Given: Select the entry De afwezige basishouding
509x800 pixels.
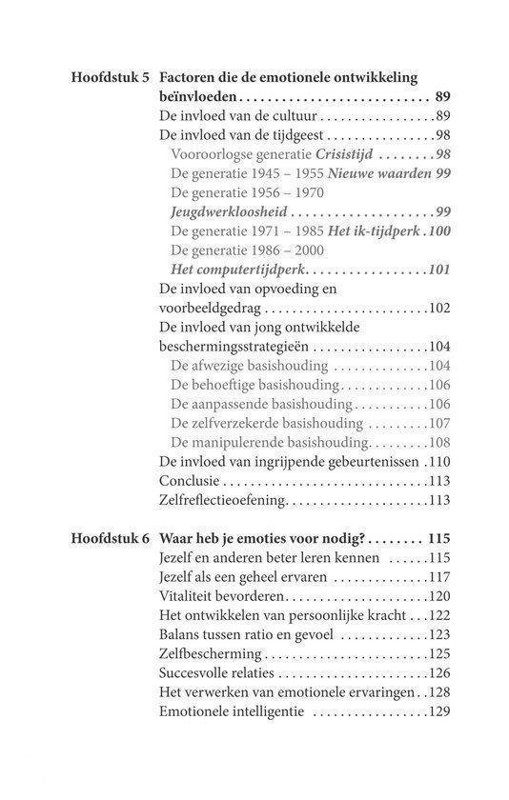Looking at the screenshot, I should (x=248, y=366).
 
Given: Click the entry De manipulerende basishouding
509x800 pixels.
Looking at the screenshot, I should (x=270, y=443).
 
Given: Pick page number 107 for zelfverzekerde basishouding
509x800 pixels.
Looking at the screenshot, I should (x=437, y=424).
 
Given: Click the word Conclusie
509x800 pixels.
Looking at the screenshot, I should (x=189, y=481).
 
